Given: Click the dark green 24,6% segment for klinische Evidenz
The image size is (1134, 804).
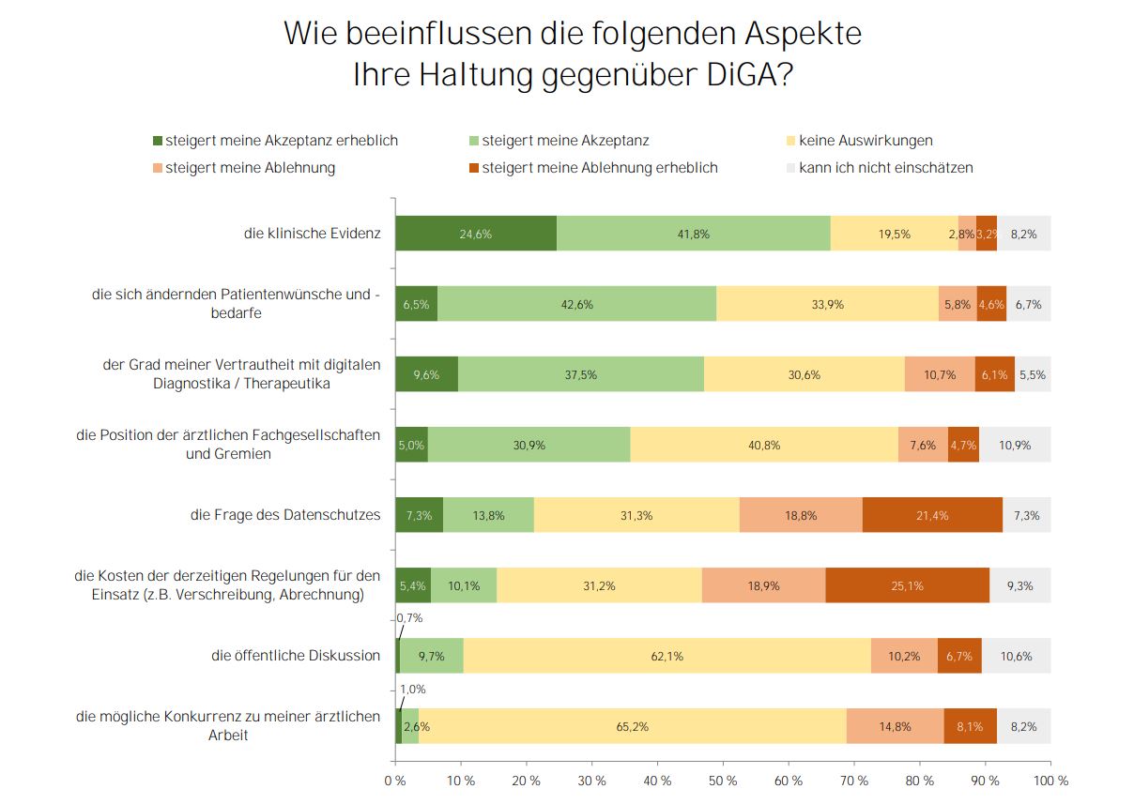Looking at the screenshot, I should [476, 234].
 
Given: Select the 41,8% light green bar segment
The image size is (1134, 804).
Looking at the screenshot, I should [694, 234].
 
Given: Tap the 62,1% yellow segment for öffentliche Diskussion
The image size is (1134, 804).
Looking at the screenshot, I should [667, 656].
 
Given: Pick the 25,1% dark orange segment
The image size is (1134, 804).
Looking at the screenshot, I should [908, 585].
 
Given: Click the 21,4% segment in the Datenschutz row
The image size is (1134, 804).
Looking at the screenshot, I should [932, 515].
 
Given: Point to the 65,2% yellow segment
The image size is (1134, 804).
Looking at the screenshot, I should [633, 726].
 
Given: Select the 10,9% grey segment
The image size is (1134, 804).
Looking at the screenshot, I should [1015, 445].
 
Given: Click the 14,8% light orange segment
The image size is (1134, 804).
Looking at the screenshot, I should [896, 726].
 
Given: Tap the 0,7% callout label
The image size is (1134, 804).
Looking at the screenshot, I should [410, 618].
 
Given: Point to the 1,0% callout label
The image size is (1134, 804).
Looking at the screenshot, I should [412, 689].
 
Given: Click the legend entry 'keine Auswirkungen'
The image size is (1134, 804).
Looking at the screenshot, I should [866, 141].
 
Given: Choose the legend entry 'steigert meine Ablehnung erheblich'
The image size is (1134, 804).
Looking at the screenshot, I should [599, 168].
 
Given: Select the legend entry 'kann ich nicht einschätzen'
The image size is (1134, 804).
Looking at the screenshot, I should [885, 168].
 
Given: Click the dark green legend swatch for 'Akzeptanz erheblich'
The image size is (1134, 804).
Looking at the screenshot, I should [158, 141].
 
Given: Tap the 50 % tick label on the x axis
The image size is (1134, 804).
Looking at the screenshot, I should [723, 781].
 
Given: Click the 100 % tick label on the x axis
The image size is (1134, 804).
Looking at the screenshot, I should [1050, 781].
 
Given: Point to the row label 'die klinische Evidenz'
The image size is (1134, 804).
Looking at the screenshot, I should [312, 234].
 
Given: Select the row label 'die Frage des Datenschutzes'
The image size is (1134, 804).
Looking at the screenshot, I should [285, 515].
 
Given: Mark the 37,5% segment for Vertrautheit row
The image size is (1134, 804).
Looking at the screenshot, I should [580, 374].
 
